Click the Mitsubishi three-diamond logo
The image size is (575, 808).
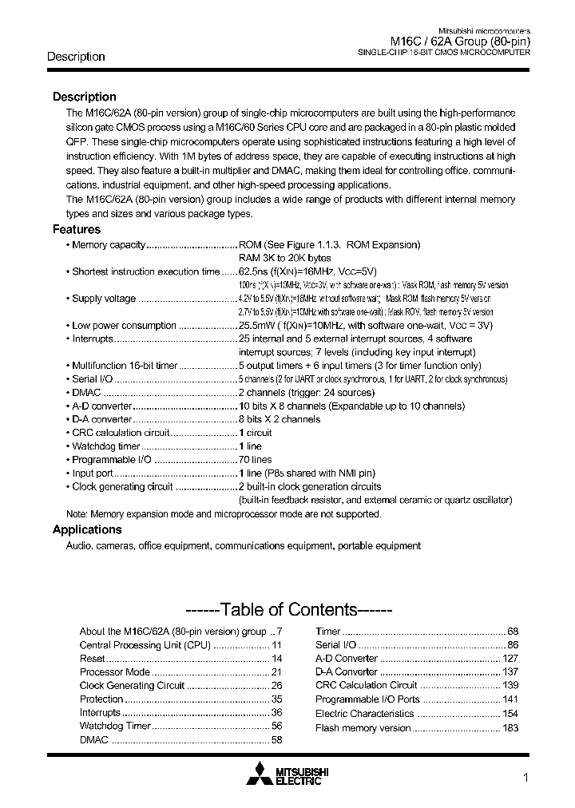click(x=260, y=774)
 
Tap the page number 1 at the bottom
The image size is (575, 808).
click(x=525, y=778)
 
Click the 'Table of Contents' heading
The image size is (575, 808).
click(x=287, y=610)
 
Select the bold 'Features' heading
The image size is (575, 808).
click(x=77, y=229)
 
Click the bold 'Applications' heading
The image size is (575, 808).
click(x=87, y=529)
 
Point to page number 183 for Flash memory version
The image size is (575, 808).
click(x=510, y=727)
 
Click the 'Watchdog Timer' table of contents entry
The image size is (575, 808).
click(x=115, y=726)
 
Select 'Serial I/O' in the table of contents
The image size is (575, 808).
click(x=336, y=644)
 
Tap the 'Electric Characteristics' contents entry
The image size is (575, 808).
click(x=364, y=713)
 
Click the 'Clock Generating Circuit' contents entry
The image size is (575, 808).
click(x=132, y=685)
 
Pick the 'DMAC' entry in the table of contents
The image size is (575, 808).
click(x=93, y=740)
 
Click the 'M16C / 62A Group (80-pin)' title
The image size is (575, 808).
click(x=460, y=42)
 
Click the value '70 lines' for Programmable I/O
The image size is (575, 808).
click(x=256, y=460)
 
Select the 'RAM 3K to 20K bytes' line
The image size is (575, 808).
click(x=284, y=258)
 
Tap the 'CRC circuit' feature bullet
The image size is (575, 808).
click(x=121, y=433)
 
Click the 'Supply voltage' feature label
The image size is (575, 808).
click(x=104, y=299)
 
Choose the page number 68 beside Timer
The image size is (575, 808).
click(x=513, y=631)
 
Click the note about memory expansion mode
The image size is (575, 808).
click(x=224, y=514)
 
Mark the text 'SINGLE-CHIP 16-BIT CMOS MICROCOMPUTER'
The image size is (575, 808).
click(x=442, y=53)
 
